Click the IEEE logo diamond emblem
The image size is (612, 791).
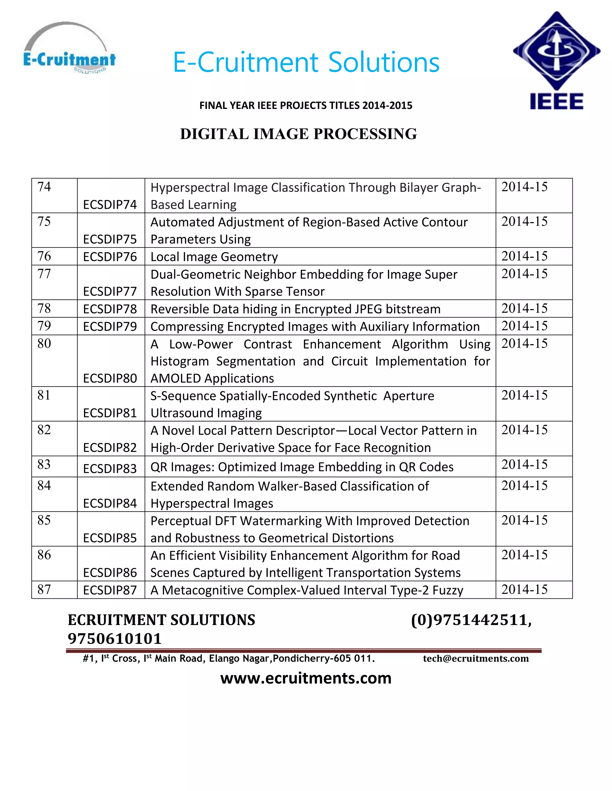click(x=556, y=51)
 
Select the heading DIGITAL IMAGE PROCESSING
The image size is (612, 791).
click(x=299, y=134)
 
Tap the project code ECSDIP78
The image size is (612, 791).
click(x=110, y=309)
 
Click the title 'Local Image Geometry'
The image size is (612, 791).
click(x=214, y=257)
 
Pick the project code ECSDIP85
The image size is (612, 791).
click(x=110, y=538)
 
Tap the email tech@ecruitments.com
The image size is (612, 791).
click(x=476, y=658)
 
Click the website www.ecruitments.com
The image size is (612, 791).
click(x=306, y=678)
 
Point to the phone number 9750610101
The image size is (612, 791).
click(x=114, y=638)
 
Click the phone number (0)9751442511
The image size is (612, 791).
click(x=471, y=620)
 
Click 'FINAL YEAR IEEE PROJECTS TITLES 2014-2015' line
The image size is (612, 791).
click(x=306, y=105)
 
